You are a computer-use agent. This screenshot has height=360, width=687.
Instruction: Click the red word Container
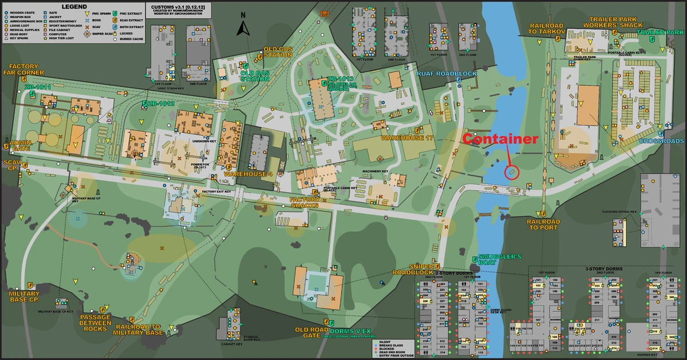click(x=500, y=139)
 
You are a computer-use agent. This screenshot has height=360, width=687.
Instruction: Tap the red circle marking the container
click(x=511, y=172)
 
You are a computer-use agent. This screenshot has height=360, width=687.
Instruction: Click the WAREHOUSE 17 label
click(x=408, y=138)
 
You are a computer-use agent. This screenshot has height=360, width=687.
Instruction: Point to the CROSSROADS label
click(x=661, y=141)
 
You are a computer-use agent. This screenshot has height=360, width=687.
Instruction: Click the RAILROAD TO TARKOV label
click(x=547, y=29)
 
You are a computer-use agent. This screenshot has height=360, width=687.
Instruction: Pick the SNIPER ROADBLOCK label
click(x=413, y=270)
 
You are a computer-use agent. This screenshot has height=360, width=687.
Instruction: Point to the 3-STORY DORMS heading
click(x=609, y=268)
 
